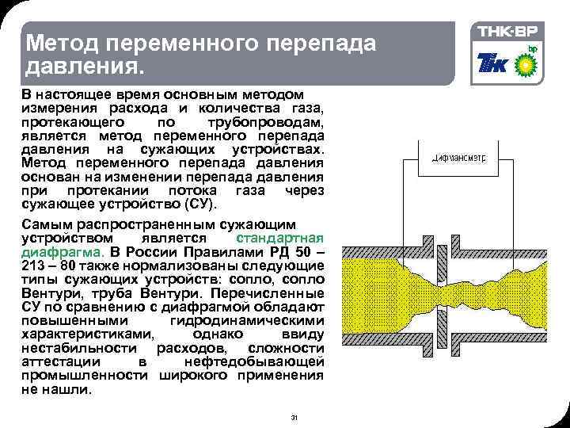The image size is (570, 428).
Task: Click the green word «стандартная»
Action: coord(280,239)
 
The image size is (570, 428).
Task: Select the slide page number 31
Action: coord(294,418)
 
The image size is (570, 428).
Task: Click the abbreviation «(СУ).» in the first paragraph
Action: coord(192,204)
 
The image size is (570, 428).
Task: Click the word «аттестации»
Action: coord(63,362)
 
